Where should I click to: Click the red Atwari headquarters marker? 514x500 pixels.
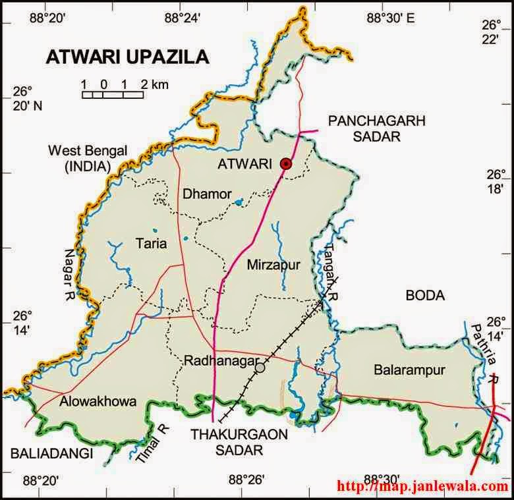[285, 164]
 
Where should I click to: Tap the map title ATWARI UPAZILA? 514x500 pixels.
[127, 57]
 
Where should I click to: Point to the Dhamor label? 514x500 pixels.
[207, 194]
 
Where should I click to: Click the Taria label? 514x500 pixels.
[152, 244]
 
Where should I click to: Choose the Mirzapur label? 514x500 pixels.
[273, 265]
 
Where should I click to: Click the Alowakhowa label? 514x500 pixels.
[97, 402]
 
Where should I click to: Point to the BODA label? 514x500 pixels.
[425, 296]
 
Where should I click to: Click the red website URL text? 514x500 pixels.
[422, 487]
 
